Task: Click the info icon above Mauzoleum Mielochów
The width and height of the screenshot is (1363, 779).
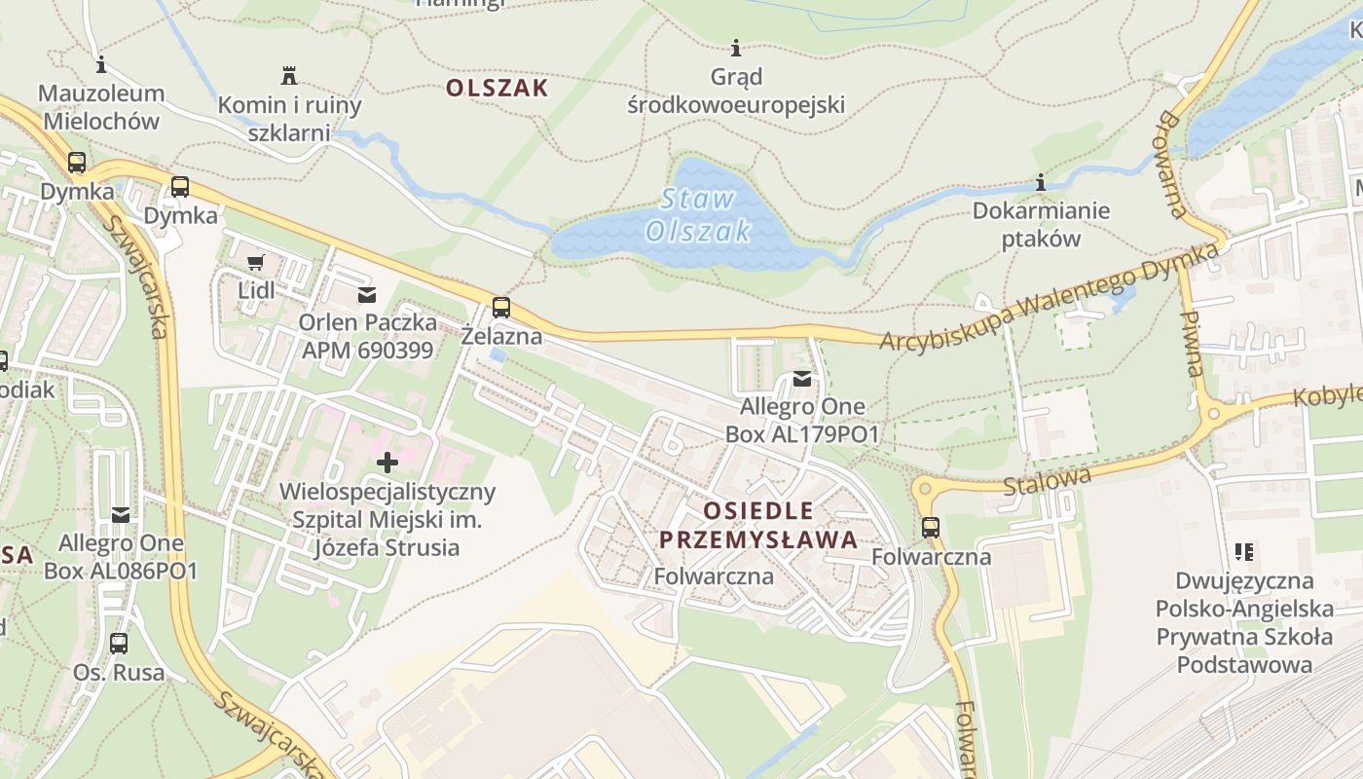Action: (100, 65)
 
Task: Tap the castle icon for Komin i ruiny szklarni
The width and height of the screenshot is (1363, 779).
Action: (289, 75)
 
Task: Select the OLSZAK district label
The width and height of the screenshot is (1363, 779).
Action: (497, 88)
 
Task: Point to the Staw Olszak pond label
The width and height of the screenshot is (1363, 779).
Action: (698, 215)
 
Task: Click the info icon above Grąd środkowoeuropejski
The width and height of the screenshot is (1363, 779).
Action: (736, 48)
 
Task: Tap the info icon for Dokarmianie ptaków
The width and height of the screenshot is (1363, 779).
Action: (1041, 182)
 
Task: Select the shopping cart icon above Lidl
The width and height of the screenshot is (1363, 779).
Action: (256, 262)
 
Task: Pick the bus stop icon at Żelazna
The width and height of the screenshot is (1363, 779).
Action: (501, 308)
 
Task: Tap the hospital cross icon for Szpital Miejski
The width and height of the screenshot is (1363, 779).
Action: (387, 463)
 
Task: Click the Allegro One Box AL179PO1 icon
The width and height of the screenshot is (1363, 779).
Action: (801, 378)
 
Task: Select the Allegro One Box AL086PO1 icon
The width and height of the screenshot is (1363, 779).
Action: (121, 514)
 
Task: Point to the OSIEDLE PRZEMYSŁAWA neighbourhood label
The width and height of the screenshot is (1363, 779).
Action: (757, 525)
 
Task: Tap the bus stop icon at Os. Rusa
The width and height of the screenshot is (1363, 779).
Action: (119, 644)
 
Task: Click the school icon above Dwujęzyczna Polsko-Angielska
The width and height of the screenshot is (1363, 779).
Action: (1243, 552)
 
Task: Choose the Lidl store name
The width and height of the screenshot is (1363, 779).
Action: (256, 290)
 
